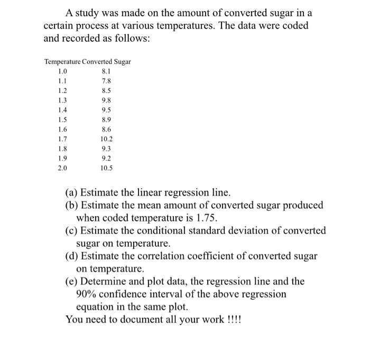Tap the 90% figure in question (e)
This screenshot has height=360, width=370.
(88, 294)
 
